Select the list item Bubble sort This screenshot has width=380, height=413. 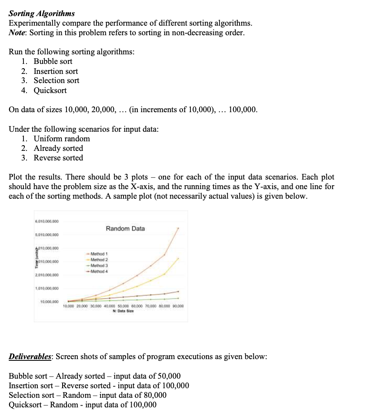(53, 61)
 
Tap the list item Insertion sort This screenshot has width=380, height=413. (56, 71)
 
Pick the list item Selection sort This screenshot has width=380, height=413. (57, 80)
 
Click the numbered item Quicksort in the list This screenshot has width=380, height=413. (50, 90)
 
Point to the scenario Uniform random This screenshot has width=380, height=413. (62, 139)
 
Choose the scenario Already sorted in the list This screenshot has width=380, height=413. (58, 148)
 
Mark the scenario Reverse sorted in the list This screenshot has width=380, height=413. (58, 158)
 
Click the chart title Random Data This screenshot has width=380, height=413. (125, 229)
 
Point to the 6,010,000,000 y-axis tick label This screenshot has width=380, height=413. (47, 221)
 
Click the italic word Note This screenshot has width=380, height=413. (18, 33)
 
